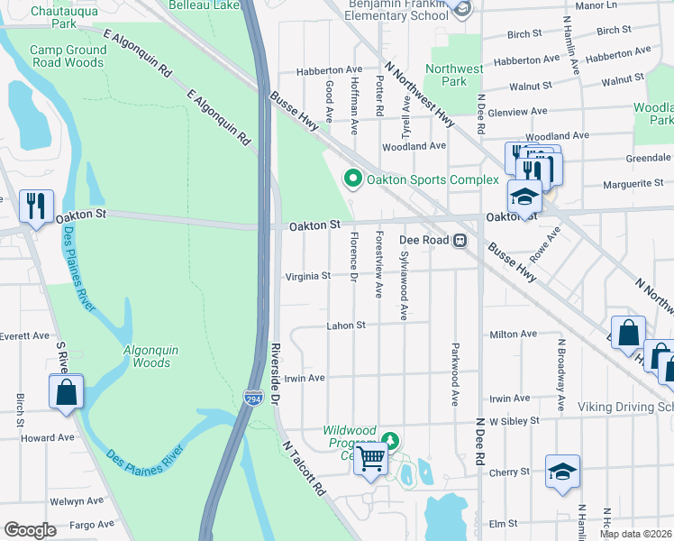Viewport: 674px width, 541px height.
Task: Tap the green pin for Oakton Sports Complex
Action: pos(352,179)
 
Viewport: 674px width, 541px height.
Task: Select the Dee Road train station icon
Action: pos(460,241)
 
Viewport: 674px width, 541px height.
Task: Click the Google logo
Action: pos(30,530)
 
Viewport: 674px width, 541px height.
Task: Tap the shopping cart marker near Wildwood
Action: pos(371,460)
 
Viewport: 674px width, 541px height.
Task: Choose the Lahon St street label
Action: pos(346,326)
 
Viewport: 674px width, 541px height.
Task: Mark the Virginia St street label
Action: pos(307,277)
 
